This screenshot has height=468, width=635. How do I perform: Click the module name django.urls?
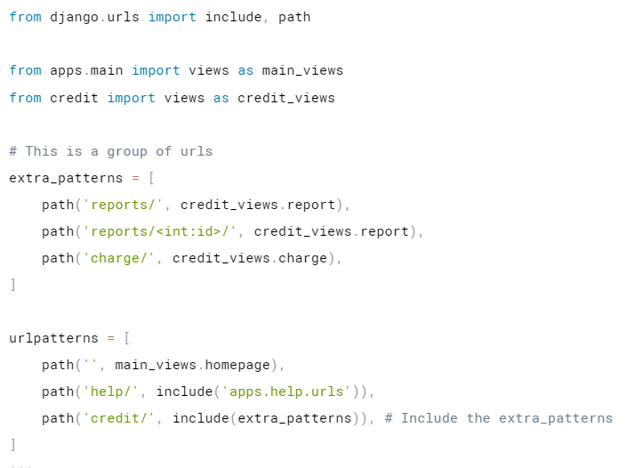(95, 17)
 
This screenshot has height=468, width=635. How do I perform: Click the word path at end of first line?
(294, 17)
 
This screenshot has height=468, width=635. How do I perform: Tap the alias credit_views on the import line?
(286, 98)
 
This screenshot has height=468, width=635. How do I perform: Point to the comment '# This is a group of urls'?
(111, 151)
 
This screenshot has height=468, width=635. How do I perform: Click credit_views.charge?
(250, 258)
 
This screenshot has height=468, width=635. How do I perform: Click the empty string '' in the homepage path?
(91, 365)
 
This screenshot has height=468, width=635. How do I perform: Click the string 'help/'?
(111, 391)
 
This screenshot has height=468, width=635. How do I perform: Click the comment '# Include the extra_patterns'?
(499, 418)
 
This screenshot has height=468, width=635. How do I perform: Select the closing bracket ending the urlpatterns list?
(13, 444)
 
